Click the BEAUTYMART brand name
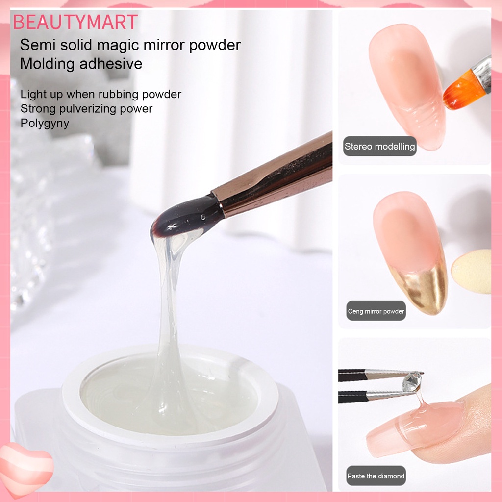tap(75, 23)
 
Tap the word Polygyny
tap(45, 123)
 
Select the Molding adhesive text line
tap(81, 64)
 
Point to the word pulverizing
tap(90, 108)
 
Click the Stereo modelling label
tap(379, 146)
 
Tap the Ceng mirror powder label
tap(376, 311)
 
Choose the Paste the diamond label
tap(376, 476)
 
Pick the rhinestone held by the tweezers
tap(412, 382)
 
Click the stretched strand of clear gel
tap(169, 304)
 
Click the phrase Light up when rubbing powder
tap(101, 94)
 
